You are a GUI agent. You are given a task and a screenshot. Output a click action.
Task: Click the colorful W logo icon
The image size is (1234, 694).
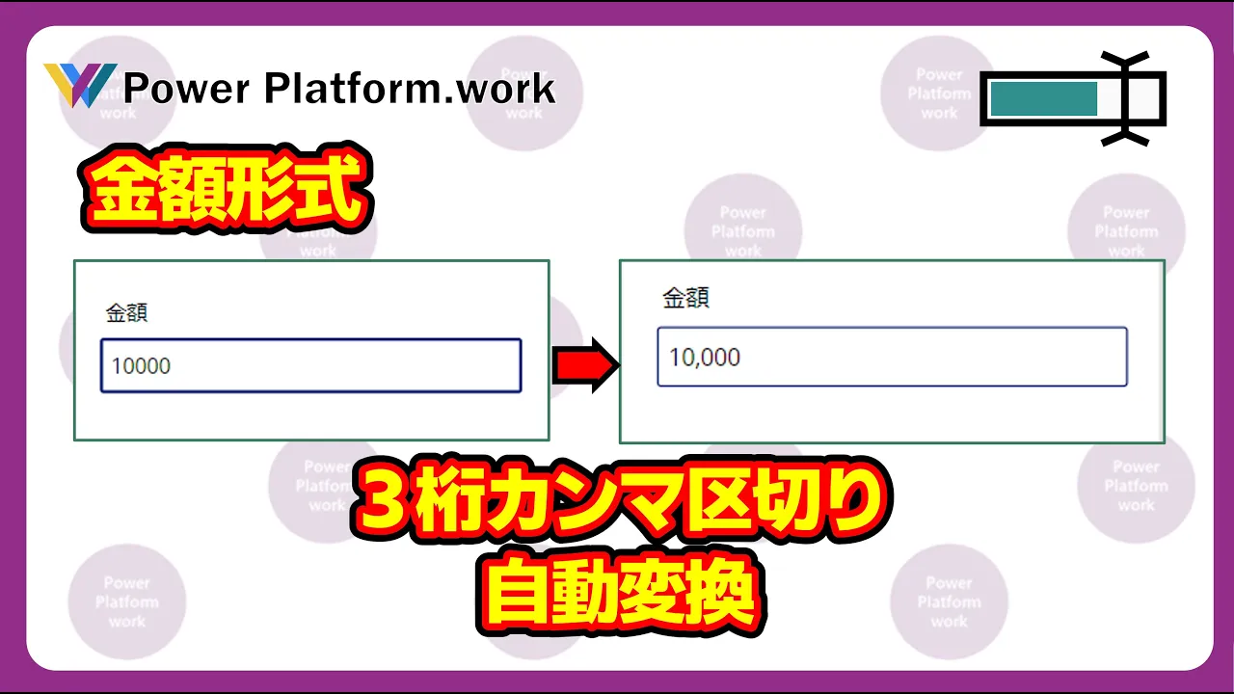click(x=80, y=85)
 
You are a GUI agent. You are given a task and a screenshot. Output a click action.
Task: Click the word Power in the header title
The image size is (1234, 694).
click(x=186, y=88)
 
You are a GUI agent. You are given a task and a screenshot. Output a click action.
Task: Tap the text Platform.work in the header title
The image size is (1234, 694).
click(x=411, y=88)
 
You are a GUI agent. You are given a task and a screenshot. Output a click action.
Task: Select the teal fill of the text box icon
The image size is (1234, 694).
click(x=1044, y=98)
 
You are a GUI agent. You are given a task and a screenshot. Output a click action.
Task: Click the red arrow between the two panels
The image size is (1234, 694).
click(x=586, y=364)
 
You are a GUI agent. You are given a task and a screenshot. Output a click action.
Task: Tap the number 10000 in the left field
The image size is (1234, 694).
click(x=141, y=366)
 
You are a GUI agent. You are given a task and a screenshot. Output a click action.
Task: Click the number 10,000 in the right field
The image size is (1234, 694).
click(x=705, y=358)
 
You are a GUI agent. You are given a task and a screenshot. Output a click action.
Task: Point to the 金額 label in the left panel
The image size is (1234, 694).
click(x=126, y=313)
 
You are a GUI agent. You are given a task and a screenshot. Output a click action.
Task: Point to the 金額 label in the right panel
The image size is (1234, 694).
click(x=685, y=298)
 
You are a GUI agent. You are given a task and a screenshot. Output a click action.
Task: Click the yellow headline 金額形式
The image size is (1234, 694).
click(x=227, y=188)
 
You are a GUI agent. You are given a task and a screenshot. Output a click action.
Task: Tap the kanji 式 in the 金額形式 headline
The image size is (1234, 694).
click(x=329, y=188)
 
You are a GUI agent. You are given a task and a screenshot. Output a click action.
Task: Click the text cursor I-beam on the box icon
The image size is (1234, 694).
click(x=1125, y=99)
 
